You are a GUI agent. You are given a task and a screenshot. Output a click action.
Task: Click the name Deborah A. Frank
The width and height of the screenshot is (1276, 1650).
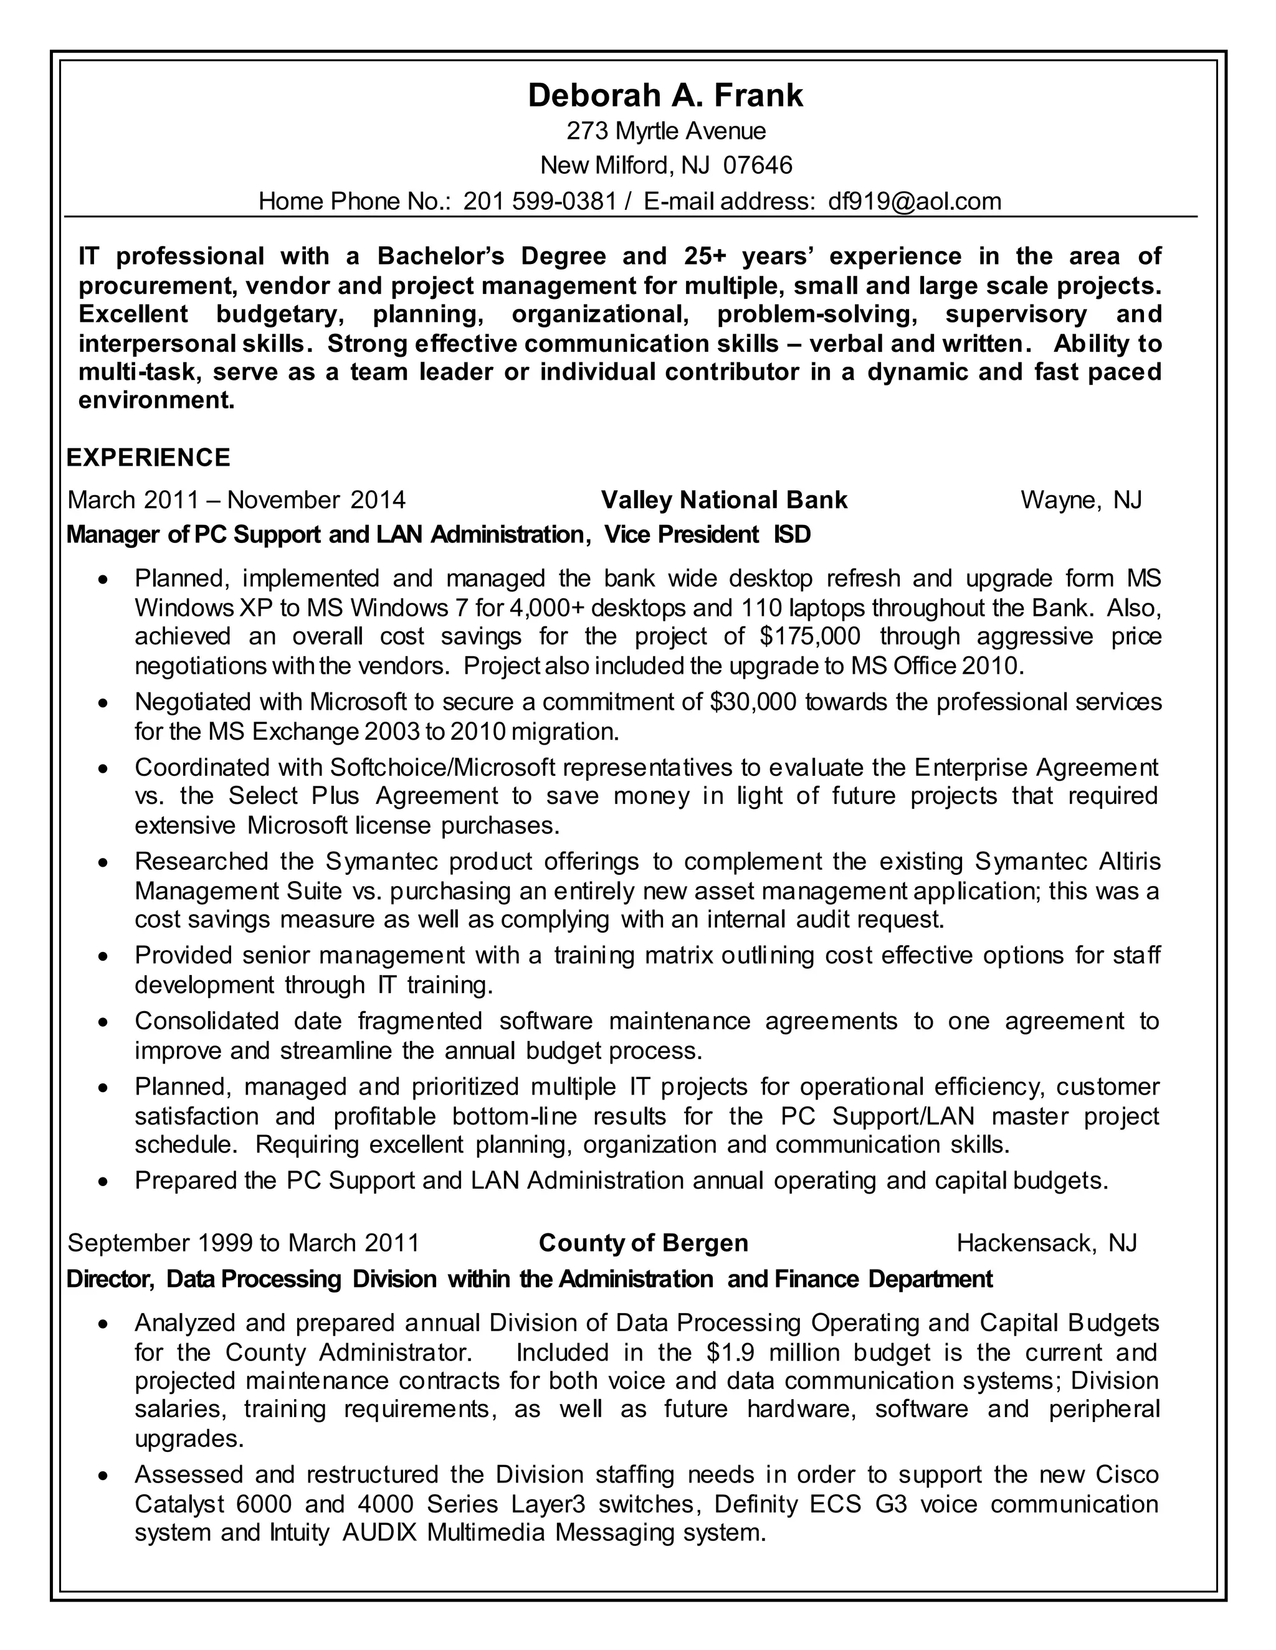665,96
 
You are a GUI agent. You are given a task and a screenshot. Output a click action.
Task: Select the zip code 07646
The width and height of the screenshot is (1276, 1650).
758,165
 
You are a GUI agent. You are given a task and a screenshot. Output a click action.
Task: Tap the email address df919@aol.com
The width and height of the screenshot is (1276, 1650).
915,201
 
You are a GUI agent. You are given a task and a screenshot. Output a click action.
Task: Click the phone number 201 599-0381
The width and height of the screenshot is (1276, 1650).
540,201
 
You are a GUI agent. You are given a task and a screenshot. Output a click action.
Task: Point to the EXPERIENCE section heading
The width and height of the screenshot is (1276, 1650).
148,458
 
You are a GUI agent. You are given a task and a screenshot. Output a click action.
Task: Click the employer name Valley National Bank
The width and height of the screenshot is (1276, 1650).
723,500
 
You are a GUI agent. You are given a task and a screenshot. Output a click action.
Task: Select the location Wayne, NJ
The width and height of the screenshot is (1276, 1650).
1080,500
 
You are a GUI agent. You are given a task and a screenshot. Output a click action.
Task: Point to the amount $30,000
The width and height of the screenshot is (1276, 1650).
753,702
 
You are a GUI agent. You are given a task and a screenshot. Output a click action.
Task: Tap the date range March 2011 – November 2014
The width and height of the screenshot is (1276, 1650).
237,500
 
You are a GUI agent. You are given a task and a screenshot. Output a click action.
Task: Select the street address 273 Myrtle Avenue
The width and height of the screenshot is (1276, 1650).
666,131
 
